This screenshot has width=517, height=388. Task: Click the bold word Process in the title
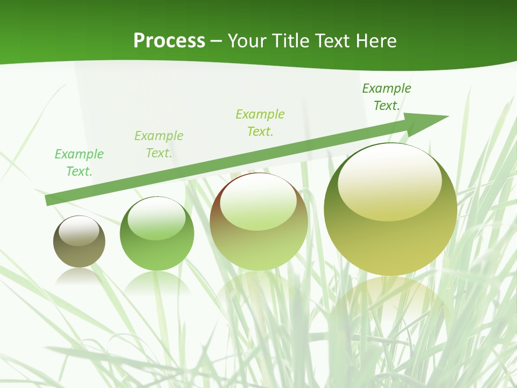(x=169, y=41)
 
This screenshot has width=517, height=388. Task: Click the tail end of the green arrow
(x=48, y=200)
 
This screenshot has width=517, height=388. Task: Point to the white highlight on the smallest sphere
(x=79, y=231)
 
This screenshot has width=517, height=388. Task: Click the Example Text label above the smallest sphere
(x=79, y=163)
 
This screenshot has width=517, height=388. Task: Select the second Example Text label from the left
(x=159, y=144)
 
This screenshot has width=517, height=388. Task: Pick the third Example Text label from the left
(x=260, y=123)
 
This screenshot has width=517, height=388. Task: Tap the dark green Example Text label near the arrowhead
(x=387, y=97)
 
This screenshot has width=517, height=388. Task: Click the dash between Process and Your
(x=216, y=41)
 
